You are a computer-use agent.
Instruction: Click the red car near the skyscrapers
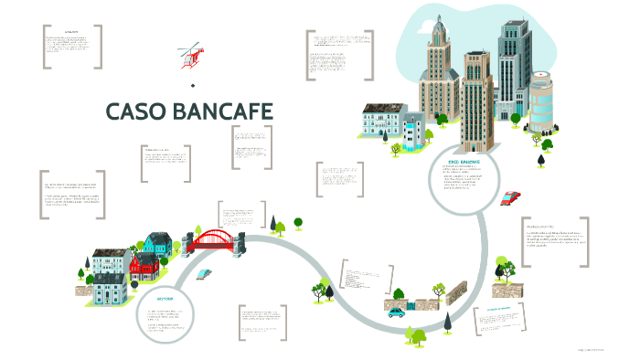pyautogui.click(x=511, y=196)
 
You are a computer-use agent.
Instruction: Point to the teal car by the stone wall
pyautogui.click(x=396, y=312)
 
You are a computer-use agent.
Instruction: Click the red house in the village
pyautogui.click(x=143, y=266)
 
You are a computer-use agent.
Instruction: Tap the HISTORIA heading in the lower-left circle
pyautogui.click(x=165, y=299)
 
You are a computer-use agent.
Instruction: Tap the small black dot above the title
pyautogui.click(x=193, y=86)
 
